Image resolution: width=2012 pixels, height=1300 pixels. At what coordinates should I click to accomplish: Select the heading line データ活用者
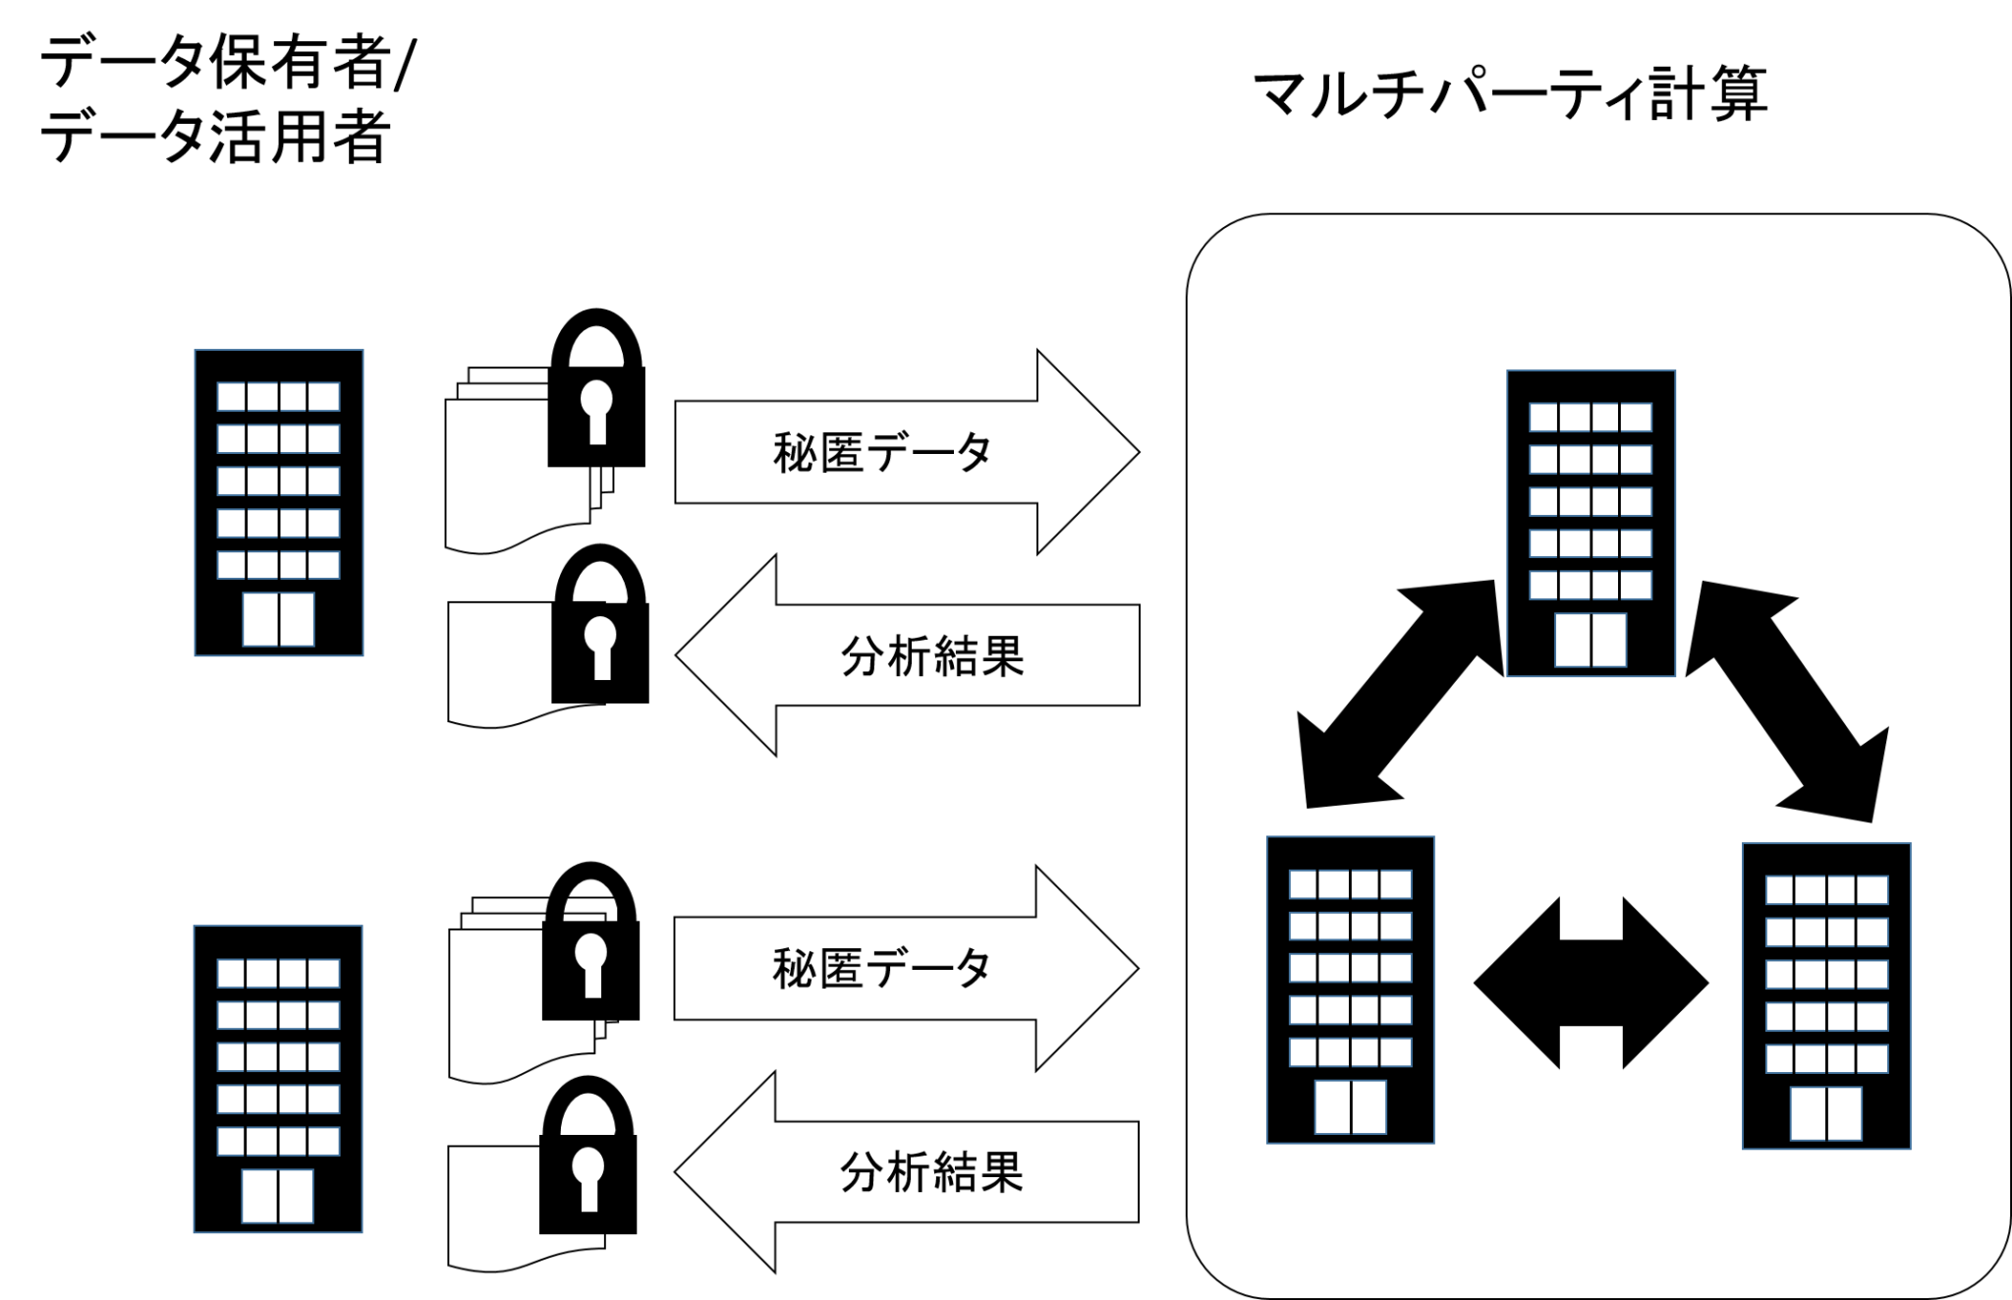tap(215, 135)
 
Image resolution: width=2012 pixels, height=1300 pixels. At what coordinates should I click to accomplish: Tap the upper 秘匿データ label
tap(882, 453)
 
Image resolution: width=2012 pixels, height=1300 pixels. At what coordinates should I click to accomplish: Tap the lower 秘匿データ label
tap(881, 969)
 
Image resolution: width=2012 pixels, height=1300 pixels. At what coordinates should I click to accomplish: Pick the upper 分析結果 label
tap(932, 656)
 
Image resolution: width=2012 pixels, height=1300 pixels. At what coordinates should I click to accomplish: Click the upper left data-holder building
tap(279, 502)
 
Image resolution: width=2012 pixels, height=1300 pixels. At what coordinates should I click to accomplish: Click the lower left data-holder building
tap(278, 1078)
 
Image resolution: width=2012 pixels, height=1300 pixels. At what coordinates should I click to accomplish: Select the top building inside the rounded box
tap(1591, 523)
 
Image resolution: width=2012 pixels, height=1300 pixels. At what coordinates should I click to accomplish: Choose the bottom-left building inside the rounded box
tap(1351, 989)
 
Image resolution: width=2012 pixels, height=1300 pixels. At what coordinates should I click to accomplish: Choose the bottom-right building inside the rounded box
tap(1826, 995)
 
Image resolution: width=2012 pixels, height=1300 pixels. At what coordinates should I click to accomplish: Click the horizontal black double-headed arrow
tap(1591, 983)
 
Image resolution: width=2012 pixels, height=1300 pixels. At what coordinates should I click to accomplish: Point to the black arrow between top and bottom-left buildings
tap(1401, 694)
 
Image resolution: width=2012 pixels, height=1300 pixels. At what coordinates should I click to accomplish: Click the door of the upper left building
tap(279, 619)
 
